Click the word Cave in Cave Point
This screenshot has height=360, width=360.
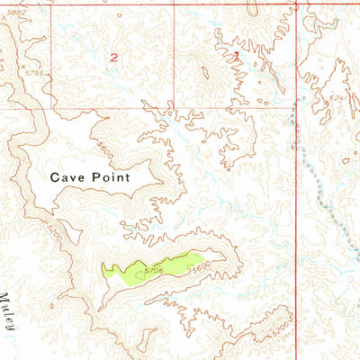tap(67, 177)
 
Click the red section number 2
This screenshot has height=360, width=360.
tap(113, 57)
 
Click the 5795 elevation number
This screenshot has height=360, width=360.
tap(34, 72)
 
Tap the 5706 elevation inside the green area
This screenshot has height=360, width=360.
tap(153, 269)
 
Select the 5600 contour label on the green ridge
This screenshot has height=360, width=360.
tap(198, 265)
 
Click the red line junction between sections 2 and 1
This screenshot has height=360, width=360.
tap(173, 108)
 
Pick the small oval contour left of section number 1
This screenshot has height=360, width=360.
tap(205, 71)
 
